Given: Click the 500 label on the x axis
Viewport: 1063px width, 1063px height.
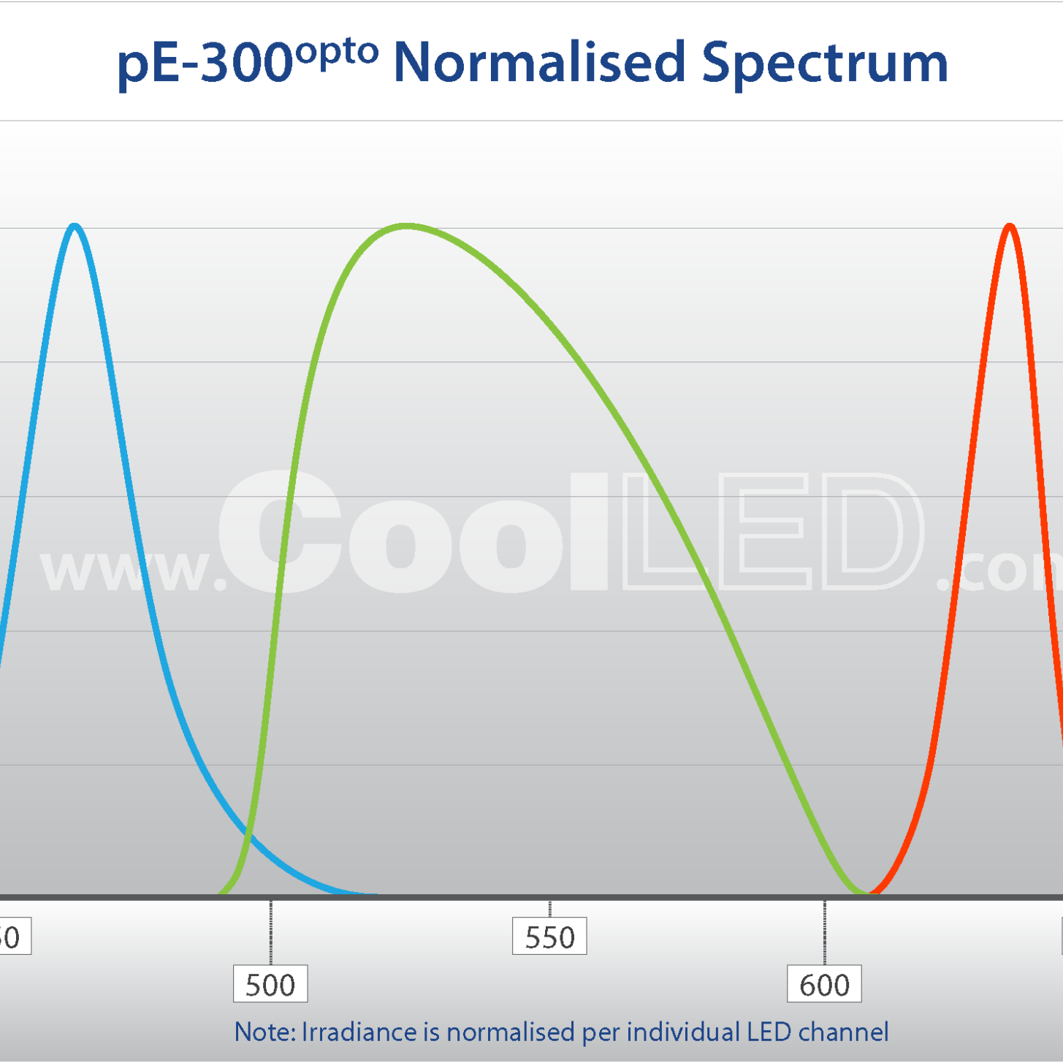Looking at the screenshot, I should pos(270,985).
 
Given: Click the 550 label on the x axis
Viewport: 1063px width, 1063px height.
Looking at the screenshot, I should pos(549,937).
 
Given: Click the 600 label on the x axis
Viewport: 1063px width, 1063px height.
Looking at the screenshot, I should pos(824,985).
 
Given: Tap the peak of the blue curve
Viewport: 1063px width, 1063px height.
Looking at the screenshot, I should pos(74,226).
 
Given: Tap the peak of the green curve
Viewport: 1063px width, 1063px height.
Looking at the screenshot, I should pos(406,226).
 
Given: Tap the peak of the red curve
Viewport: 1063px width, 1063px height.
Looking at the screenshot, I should pos(1010,226).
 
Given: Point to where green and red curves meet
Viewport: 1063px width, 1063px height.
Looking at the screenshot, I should pos(869,892).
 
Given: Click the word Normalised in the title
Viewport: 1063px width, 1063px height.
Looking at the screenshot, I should pos(539,62).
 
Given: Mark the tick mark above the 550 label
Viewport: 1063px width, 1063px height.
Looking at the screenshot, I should pos(549,909).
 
